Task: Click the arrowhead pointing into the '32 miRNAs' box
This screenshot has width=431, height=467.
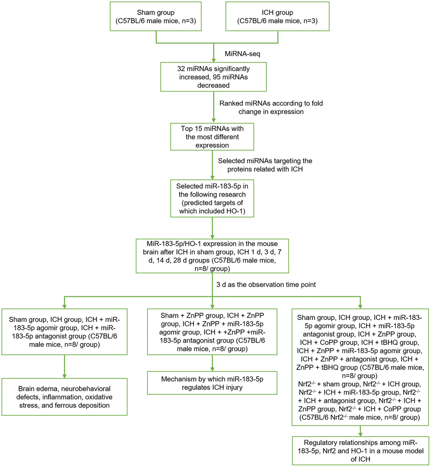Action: [x=212, y=60]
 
